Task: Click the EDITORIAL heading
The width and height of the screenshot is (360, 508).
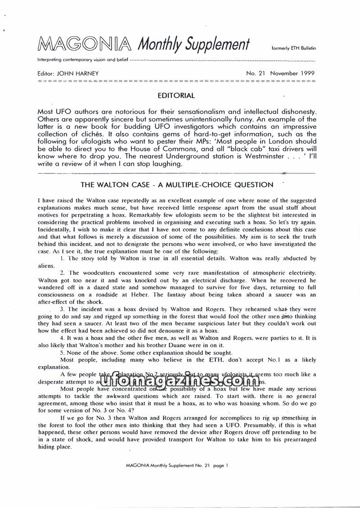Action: point(176,95)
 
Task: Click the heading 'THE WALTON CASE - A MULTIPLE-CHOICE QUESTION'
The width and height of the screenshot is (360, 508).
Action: point(176,185)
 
